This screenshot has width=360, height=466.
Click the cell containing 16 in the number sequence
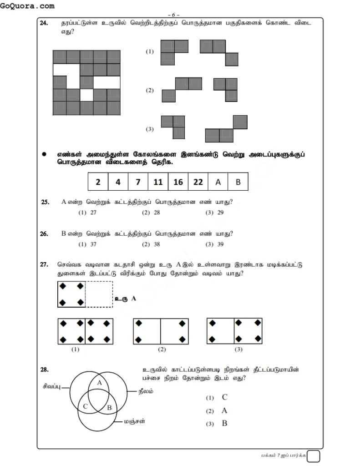point(178,182)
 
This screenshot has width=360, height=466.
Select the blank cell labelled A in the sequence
point(218,182)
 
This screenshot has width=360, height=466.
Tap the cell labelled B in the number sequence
point(238,182)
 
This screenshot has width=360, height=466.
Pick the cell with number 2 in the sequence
point(98,182)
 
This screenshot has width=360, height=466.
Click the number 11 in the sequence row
point(158,182)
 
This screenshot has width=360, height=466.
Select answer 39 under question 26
point(220,244)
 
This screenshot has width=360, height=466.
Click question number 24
point(44,24)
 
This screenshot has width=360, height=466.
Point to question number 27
point(44,264)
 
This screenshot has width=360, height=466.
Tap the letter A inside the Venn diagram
point(100,383)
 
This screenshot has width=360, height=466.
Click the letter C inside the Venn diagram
point(85,406)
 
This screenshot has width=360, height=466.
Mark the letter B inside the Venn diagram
point(109,408)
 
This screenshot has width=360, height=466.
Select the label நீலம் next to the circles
point(146,390)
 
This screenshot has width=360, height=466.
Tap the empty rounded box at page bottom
point(313,456)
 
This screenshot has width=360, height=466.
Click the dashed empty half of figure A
point(99,294)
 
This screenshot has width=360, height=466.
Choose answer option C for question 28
point(224,397)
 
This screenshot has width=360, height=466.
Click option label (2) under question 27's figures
point(162,349)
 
